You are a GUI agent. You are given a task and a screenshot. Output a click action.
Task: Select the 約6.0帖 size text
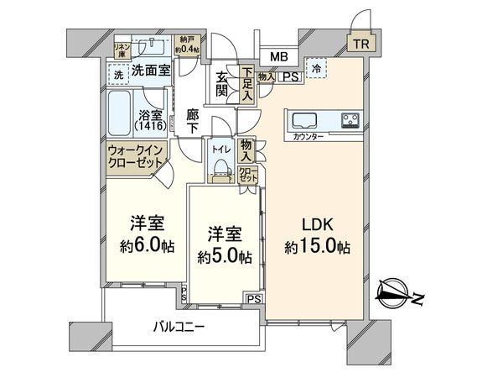146,249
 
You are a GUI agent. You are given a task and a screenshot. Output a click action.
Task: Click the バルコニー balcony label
179,325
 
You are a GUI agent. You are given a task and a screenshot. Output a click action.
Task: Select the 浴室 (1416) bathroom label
151,118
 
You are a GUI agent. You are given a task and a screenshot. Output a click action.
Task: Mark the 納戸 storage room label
189,42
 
